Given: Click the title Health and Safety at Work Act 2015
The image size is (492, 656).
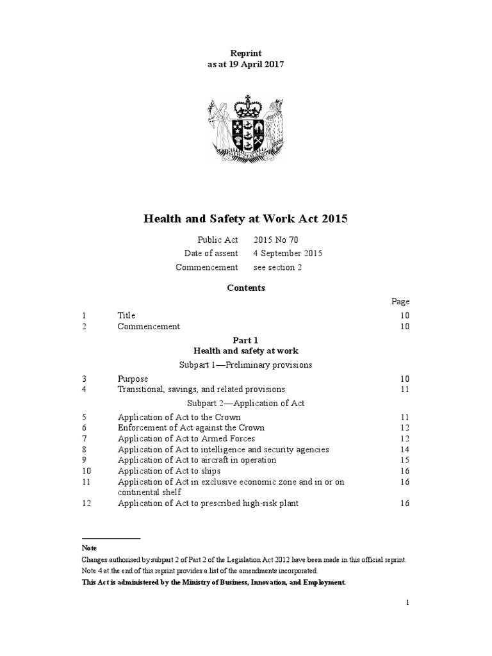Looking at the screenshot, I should [245, 219].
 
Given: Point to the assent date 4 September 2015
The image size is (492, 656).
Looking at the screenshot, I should [288, 253].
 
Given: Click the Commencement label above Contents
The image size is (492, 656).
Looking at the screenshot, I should [207, 267].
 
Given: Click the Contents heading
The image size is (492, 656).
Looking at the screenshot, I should [245, 288].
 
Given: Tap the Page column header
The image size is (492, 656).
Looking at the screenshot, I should [400, 301].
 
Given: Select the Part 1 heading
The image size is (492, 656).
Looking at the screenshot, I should [246, 341].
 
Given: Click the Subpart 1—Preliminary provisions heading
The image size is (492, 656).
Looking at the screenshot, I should [246, 365].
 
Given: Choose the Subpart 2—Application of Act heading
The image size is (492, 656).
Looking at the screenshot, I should [246, 403].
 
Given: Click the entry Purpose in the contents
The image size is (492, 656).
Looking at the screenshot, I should [133, 379].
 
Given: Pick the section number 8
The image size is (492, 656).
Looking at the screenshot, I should [85, 450].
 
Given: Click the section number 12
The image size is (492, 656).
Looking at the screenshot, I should [86, 504].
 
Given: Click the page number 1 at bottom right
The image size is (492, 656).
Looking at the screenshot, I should [407, 602].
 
